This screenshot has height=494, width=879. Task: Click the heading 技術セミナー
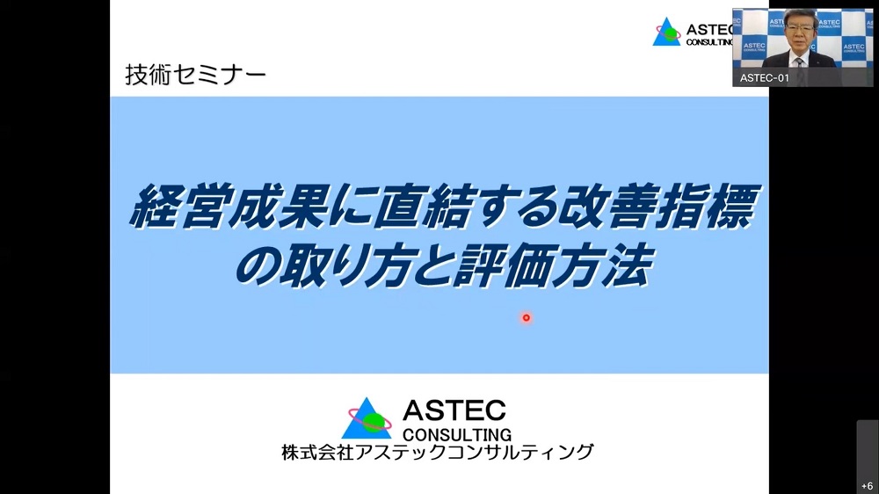coord(196,75)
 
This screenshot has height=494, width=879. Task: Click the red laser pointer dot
coord(526,318)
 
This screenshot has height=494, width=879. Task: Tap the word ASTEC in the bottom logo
coord(454,410)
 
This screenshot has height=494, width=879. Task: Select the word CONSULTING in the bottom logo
coord(457,434)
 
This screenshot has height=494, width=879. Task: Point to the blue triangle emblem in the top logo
coord(666,32)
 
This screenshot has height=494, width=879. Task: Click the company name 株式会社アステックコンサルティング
coord(437,452)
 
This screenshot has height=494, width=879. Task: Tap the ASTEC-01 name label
coord(764,78)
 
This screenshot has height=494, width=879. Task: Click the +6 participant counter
coord(868,485)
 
